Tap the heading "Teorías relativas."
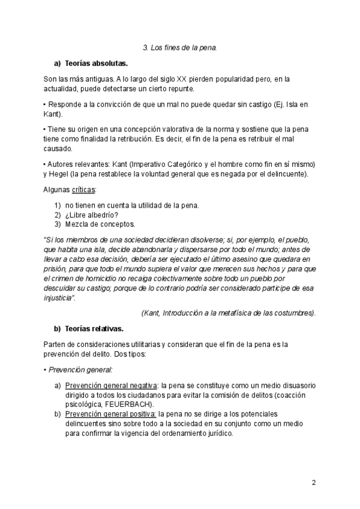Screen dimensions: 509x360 point(94,328)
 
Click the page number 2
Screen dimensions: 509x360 point(314,483)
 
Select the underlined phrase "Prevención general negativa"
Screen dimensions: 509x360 point(110,385)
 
